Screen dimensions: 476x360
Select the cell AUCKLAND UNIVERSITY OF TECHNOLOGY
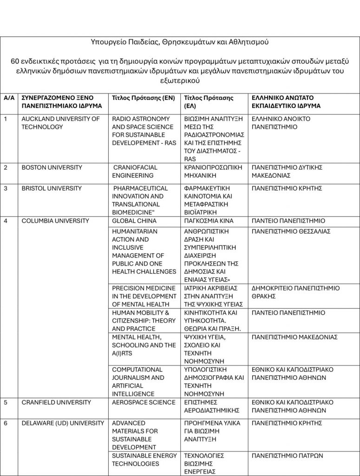(x=61, y=123)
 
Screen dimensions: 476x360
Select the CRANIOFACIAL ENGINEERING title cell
(x=135, y=171)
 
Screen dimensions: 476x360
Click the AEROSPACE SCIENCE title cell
(x=144, y=402)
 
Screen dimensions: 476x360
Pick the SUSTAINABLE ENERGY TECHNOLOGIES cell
(x=144, y=460)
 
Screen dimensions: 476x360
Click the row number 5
(x=6, y=402)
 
